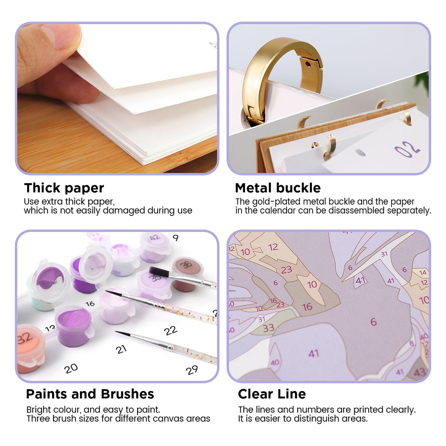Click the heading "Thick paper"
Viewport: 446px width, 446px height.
pos(64,188)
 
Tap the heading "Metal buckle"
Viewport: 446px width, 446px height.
pos(278,188)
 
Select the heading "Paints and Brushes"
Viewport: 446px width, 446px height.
pos(90,394)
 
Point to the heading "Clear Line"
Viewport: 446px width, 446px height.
pos(272,394)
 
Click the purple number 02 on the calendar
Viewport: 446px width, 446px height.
pos(407,149)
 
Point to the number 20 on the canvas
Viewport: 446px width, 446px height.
pos(71,369)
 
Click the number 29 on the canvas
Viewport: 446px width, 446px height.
pos(192,370)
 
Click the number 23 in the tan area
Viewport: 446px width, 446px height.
pos(287,269)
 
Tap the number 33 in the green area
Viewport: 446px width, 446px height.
pos(268,328)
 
